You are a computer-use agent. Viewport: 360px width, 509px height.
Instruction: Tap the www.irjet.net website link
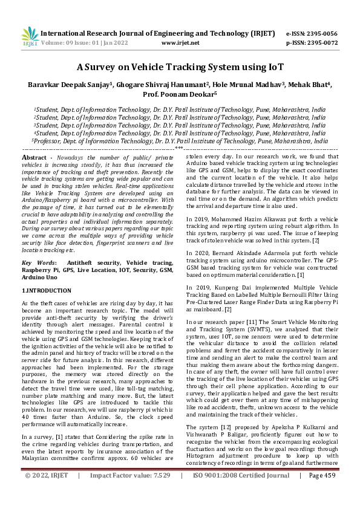coord(181,43)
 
